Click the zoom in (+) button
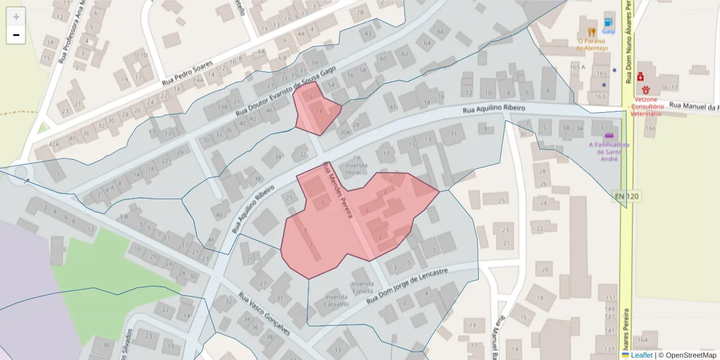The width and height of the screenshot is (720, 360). pos(16,17)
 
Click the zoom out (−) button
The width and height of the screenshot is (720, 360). pos(16,35)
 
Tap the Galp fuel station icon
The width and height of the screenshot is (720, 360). pos(609,20)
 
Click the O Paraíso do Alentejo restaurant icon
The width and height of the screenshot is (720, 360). pos(591,31)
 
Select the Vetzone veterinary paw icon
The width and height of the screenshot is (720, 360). pos(646,89)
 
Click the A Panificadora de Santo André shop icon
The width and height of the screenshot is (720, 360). pos(610,136)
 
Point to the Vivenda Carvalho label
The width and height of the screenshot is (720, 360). pos(336,300)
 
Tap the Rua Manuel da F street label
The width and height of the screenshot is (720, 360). pos(693,106)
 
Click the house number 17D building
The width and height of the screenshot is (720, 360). pos(142,56)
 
